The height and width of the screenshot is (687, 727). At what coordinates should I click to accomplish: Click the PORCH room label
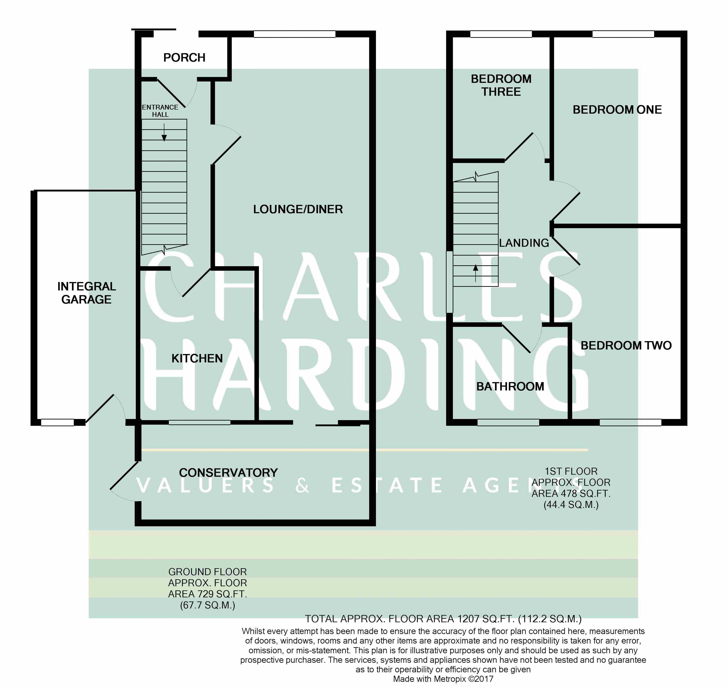tap(184, 57)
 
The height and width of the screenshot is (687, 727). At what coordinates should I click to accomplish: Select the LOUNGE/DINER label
tap(298, 209)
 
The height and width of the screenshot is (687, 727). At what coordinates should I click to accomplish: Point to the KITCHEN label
tap(197, 358)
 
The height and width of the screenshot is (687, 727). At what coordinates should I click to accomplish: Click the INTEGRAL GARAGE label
tap(86, 293)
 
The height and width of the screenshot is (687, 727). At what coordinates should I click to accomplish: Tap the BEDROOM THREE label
tap(501, 85)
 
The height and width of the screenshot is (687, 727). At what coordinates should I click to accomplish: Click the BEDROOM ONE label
tap(617, 110)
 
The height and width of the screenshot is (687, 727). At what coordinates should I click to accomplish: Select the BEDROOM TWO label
tap(626, 345)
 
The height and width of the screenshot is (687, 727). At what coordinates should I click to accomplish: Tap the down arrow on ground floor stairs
tap(164, 132)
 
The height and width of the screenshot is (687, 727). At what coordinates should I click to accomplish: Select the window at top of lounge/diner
tap(294, 34)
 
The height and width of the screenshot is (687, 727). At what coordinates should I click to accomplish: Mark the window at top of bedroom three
tap(501, 34)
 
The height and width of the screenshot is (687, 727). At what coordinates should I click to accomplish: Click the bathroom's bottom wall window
tap(508, 422)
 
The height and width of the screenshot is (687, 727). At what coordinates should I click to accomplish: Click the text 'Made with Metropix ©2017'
tap(443, 679)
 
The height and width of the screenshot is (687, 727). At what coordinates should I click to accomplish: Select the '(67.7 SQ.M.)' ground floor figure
tap(207, 605)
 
